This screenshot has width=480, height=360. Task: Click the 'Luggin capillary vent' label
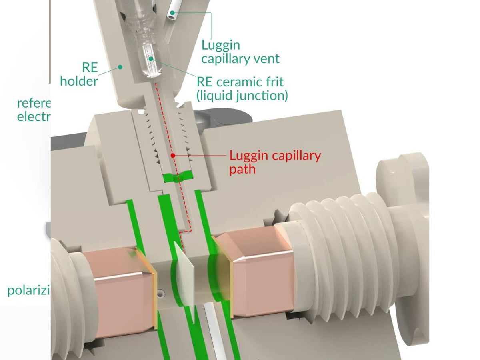tap(240, 52)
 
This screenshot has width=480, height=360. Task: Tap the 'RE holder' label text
tap(79, 74)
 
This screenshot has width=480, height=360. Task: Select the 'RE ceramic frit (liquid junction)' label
tap(242, 88)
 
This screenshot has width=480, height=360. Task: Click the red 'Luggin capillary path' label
tap(275, 162)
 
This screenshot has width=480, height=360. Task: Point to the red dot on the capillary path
tap(173, 155)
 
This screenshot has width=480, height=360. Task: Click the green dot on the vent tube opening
tap(172, 13)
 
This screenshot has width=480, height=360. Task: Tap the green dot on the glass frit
tap(151, 58)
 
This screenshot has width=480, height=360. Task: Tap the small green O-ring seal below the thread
tap(178, 176)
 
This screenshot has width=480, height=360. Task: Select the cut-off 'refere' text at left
tap(34, 103)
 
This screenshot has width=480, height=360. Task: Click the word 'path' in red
tap(242, 168)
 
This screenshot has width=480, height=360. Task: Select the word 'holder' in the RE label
tap(79, 81)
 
